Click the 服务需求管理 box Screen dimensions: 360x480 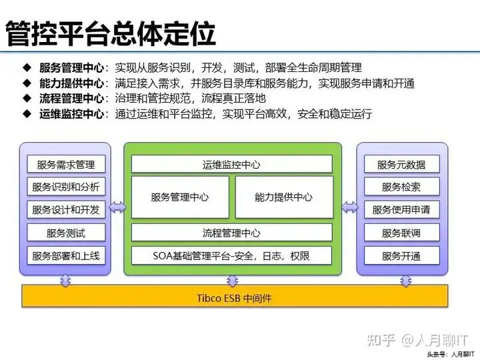pos(66,165)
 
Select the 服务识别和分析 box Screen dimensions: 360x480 pos(66,187)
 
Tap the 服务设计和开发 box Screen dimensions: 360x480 pos(66,210)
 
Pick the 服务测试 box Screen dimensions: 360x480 pos(66,233)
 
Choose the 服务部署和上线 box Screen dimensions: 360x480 pos(66,255)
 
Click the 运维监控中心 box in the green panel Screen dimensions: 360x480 pos(231,165)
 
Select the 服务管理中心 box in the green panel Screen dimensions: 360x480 pos(180,197)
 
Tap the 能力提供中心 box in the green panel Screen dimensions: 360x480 pos(283,197)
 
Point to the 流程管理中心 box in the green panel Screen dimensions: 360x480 pos(231,233)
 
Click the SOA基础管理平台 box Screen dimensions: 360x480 pos(231,255)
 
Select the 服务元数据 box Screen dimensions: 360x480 pos(401,165)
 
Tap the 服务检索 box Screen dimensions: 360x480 pos(401,187)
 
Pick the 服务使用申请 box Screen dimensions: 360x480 pos(401,210)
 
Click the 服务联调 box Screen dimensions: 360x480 pos(401,233)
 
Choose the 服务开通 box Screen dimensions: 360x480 pos(401,255)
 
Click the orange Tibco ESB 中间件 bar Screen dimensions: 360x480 pos(235,298)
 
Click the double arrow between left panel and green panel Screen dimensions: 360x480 pos(117,207)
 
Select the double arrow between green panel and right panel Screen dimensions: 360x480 pos(349,207)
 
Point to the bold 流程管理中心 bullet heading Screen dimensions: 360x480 pos(71,98)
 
